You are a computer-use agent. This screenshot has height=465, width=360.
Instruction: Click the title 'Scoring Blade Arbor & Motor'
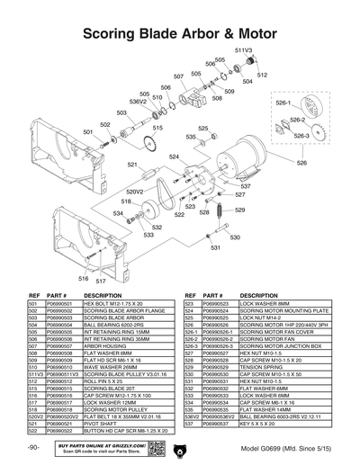[180, 34]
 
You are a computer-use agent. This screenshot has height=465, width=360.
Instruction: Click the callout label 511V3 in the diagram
[242, 50]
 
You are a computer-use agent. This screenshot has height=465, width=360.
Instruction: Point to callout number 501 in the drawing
[88, 131]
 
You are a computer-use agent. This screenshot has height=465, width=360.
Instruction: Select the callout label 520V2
[135, 191]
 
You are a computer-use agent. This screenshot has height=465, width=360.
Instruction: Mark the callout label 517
[102, 281]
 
